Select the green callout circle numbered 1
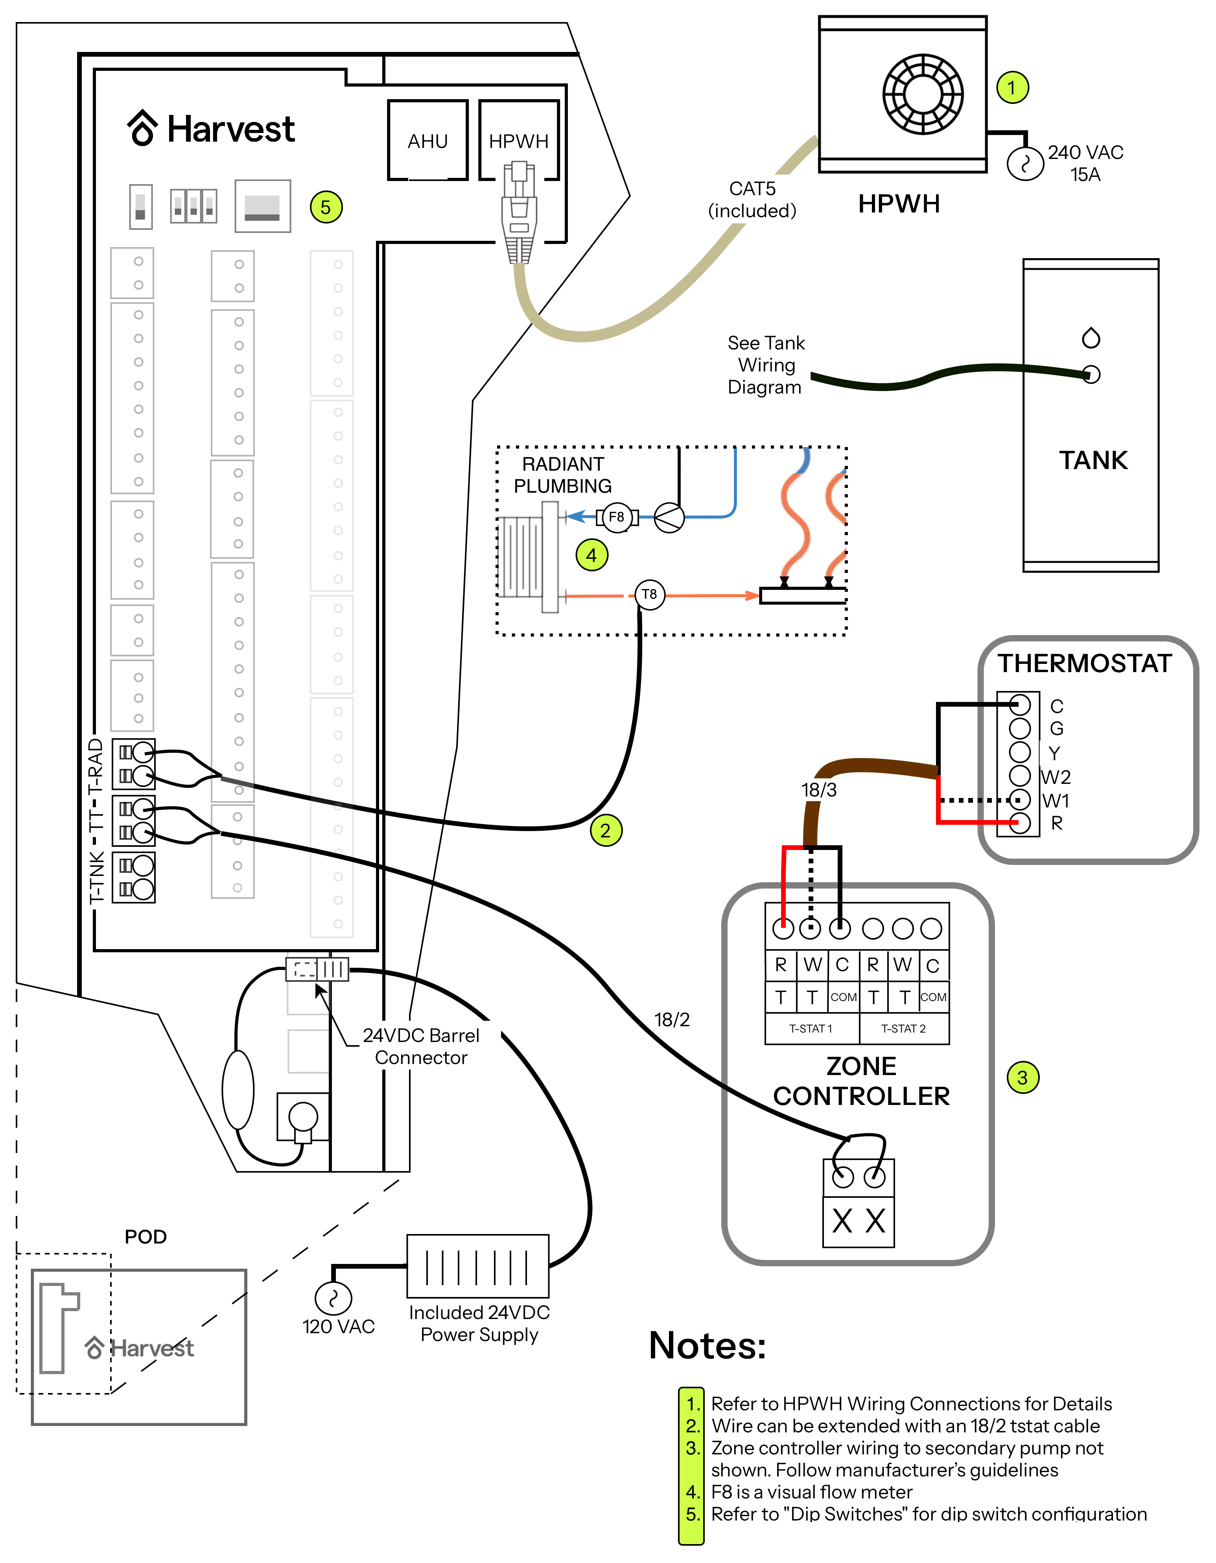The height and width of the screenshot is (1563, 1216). click(1012, 87)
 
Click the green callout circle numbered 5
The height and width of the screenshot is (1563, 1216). click(326, 207)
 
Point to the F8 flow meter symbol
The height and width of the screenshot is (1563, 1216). click(617, 517)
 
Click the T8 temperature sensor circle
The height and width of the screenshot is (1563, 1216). click(649, 594)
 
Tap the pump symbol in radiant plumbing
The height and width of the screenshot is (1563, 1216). click(669, 517)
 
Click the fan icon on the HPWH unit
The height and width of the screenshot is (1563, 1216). click(923, 94)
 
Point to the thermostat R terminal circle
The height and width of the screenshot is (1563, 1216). click(1019, 822)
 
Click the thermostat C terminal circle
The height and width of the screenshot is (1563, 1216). click(1019, 705)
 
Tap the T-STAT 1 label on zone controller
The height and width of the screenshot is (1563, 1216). click(811, 1028)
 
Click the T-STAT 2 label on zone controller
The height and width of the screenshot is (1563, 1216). click(903, 1028)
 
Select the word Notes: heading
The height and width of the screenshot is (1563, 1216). click(707, 1345)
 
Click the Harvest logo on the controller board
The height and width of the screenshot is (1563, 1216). click(211, 129)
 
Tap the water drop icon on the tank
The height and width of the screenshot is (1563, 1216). click(1091, 337)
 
